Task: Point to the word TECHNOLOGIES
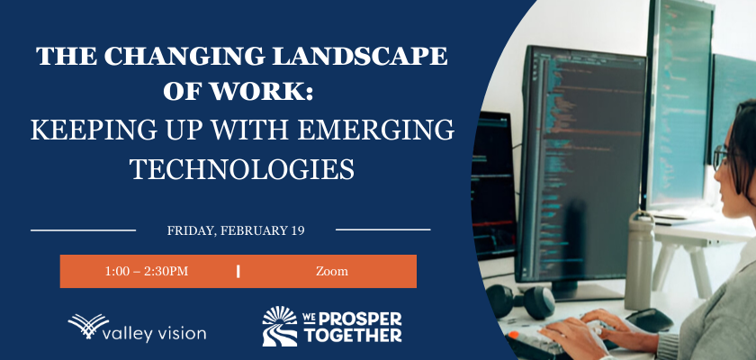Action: click(x=242, y=169)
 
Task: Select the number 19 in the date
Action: click(x=298, y=230)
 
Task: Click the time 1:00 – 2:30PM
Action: click(x=147, y=271)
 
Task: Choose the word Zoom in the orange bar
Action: click(x=332, y=271)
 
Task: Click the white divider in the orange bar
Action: click(x=238, y=271)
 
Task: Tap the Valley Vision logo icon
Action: click(x=88, y=325)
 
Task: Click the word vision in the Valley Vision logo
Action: click(x=181, y=333)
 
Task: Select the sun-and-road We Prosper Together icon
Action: click(x=280, y=327)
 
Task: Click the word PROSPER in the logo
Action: click(x=354, y=319)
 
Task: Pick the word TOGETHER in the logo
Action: click(x=352, y=336)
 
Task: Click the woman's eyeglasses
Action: click(x=722, y=157)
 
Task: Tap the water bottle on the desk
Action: click(x=640, y=260)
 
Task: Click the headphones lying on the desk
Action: click(x=521, y=301)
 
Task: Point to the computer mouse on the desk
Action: click(x=649, y=319)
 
